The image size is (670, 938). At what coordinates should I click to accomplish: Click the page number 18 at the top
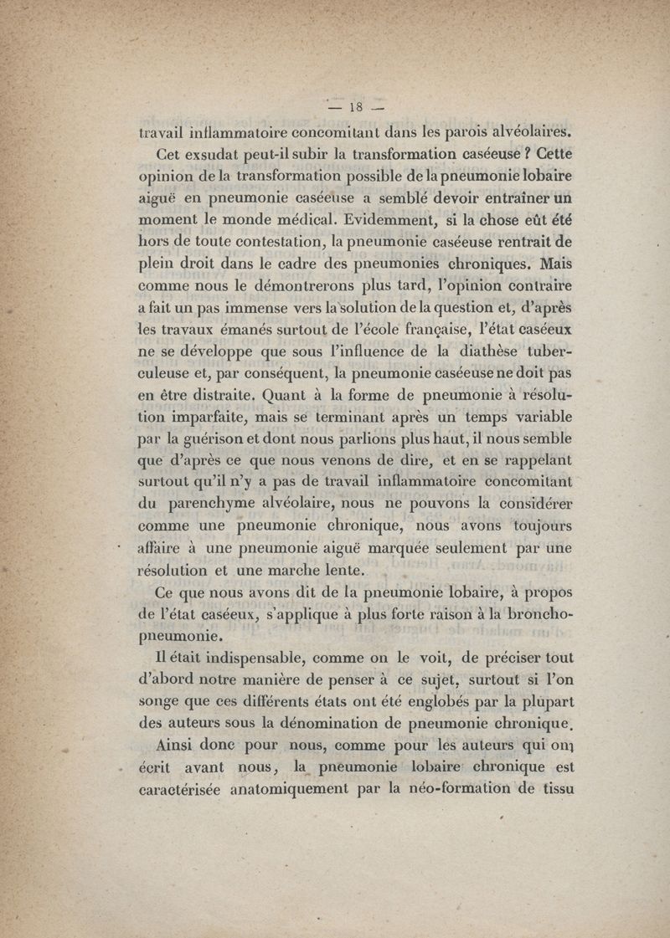tap(353, 106)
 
